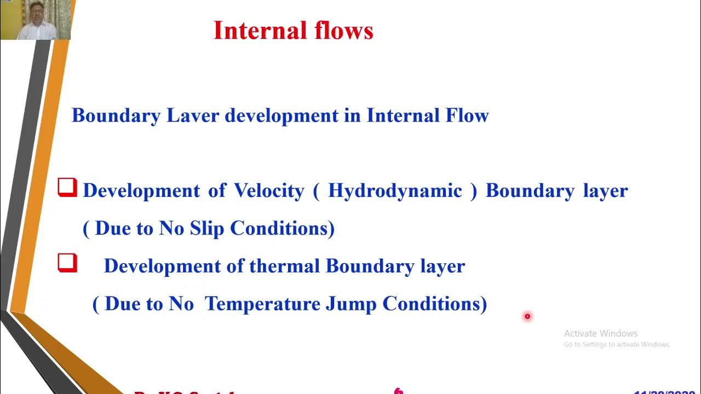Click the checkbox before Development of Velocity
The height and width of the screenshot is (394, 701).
point(67,188)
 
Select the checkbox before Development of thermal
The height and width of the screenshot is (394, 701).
point(67,263)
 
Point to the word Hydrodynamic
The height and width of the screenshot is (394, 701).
point(395,191)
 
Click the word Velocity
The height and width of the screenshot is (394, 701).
point(269,191)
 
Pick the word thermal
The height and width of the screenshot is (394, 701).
point(284,266)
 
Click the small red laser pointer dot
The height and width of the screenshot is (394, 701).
point(527,316)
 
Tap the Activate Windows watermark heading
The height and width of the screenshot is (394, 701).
point(601,333)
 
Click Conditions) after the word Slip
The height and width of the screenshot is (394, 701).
point(282,228)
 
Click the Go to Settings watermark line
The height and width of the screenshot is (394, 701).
point(617,345)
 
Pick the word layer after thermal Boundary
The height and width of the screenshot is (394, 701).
point(443,266)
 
